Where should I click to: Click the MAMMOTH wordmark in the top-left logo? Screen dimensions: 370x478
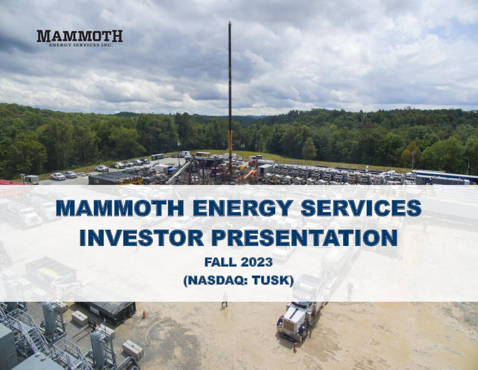coord(80,36)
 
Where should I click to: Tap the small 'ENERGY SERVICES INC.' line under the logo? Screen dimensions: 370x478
coord(81,45)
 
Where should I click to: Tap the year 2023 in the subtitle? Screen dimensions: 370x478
coord(257,262)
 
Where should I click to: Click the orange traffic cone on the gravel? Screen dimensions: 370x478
coord(144,315)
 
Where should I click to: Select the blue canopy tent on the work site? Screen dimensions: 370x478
coord(172,169)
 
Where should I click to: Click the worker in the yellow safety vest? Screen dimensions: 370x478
coord(225,300)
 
